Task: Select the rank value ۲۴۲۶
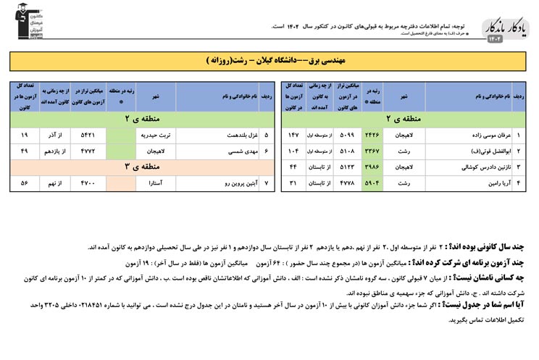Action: (372, 135)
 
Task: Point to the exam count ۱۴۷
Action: (294, 135)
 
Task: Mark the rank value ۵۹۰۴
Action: (372, 183)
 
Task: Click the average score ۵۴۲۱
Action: (88, 135)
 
